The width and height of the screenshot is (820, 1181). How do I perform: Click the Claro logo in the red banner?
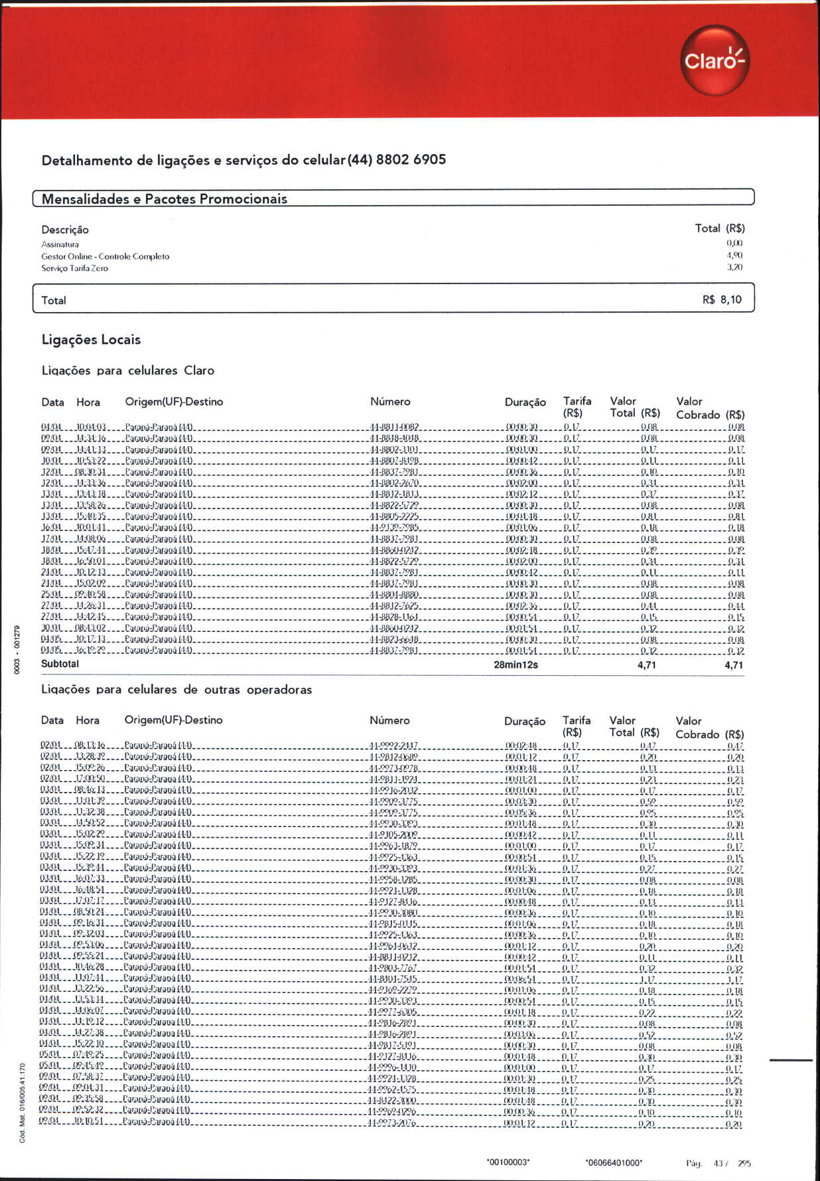coord(715,61)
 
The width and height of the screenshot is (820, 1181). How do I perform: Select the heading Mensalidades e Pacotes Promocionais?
coord(165,199)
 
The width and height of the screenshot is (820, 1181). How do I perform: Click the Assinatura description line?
coord(60,244)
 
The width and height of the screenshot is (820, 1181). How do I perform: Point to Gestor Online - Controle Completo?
coord(105,256)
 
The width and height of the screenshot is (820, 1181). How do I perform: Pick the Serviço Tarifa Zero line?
coord(74,268)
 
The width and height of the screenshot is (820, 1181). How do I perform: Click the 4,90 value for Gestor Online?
coord(734,256)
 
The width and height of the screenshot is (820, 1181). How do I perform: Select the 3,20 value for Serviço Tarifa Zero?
coord(734,268)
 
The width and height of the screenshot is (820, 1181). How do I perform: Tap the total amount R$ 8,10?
coord(722,300)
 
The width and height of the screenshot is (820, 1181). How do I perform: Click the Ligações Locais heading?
coord(91,340)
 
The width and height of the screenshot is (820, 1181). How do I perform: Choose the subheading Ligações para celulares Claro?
coord(127,370)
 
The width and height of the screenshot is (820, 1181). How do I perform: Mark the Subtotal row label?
coord(60,664)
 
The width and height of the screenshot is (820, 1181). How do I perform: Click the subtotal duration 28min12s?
coord(515,665)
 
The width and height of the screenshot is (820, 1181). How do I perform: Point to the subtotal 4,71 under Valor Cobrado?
coord(734,665)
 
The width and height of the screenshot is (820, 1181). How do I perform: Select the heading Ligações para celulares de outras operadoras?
coord(176,690)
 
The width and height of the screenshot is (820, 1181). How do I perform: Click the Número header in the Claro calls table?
coord(390,402)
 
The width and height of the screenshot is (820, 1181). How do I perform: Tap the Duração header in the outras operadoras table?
coord(524,722)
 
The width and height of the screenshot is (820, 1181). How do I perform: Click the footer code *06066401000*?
coord(614,1162)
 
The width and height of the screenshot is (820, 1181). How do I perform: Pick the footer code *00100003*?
coord(508,1162)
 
